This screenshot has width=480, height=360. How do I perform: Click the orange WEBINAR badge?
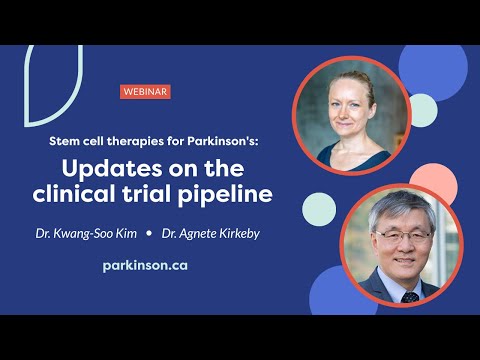pos(144,91)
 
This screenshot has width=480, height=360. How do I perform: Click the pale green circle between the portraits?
pos(319,207)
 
